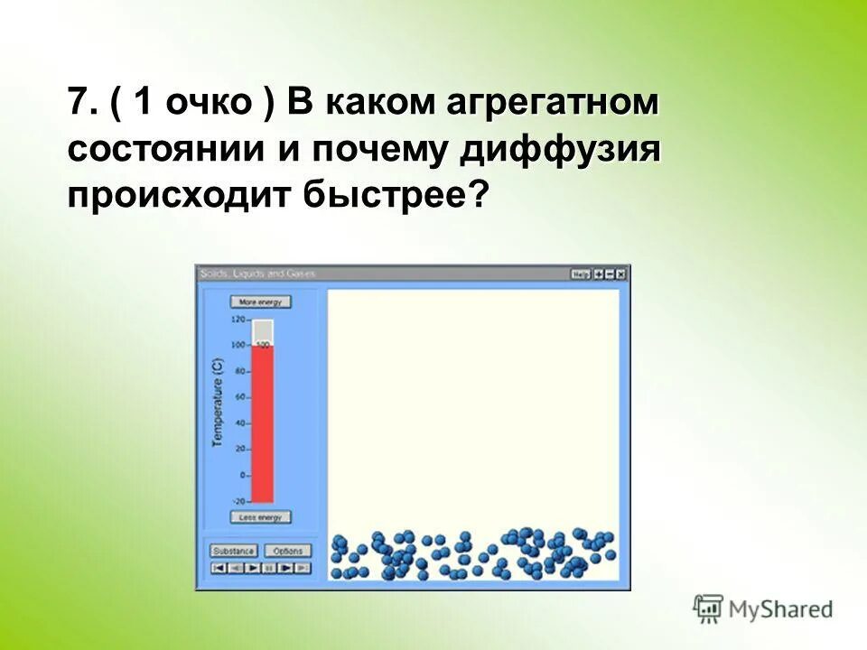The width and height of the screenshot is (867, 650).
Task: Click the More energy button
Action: [261, 302]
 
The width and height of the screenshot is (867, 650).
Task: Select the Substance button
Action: [234, 551]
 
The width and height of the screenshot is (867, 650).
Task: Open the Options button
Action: [288, 551]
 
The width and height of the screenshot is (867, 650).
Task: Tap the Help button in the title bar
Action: [580, 274]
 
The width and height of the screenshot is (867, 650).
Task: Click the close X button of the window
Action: [621, 274]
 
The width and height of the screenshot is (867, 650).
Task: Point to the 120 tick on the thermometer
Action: [238, 320]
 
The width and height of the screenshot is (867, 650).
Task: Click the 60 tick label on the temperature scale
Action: [240, 397]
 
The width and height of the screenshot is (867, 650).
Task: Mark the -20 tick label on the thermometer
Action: [238, 501]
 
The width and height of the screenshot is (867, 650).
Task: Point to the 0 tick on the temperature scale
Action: [242, 475]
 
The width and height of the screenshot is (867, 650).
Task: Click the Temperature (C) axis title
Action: [217, 404]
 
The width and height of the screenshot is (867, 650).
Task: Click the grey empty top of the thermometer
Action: [263, 331]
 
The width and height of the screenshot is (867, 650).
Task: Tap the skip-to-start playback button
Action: [218, 568]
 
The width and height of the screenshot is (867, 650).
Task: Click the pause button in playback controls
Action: [269, 568]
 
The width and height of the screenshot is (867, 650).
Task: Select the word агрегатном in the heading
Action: [552, 103]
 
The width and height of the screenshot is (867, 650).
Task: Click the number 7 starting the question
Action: [79, 103]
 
